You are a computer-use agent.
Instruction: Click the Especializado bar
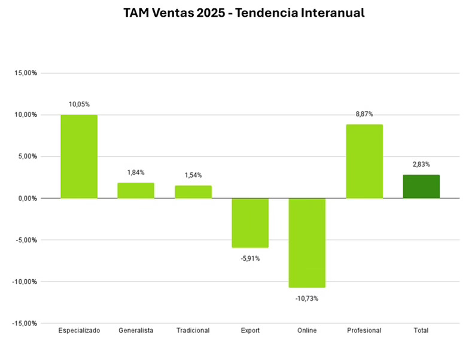coord(79,156)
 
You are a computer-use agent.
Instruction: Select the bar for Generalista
coord(136,190)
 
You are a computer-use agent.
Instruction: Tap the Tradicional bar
coord(193,191)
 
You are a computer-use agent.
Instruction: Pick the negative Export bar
coord(250,222)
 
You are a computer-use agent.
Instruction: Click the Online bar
coord(307,243)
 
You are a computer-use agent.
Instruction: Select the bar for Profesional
coord(364,161)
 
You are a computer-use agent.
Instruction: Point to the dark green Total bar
coord(421,186)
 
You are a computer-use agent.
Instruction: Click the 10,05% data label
coord(79,103)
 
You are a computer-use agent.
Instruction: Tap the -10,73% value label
coord(307,298)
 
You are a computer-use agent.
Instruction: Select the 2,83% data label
coord(421,164)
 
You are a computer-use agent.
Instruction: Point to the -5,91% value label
coord(250,258)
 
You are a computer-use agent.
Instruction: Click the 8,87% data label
coord(364,114)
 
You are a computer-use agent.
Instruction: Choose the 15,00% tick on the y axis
coord(26,73)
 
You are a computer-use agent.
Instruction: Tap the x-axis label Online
coord(307,330)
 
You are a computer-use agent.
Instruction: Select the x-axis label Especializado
coord(79,330)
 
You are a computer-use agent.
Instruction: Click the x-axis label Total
coord(421,330)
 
